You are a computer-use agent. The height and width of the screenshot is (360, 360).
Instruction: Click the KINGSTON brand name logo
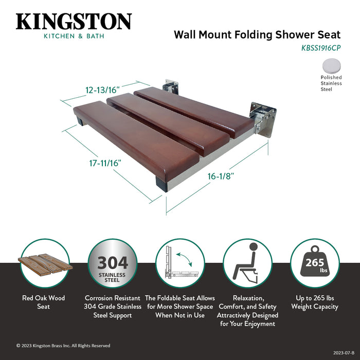tap(74, 22)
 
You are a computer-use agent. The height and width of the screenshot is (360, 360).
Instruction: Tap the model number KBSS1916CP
tap(321, 48)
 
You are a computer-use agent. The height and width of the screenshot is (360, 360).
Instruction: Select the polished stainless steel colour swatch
tap(331, 65)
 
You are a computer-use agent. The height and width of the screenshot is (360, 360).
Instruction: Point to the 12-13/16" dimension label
tap(103, 90)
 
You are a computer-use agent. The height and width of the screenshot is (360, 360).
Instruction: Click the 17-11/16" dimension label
tap(105, 163)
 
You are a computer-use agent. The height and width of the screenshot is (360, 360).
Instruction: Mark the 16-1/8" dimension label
tap(221, 176)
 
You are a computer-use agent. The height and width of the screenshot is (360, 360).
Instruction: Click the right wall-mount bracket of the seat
tap(263, 119)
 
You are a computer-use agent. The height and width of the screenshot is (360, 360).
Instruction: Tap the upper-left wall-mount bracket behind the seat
tap(170, 86)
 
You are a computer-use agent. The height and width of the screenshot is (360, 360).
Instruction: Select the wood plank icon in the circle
tap(45, 263)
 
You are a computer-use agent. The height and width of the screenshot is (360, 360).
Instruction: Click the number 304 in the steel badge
tap(113, 263)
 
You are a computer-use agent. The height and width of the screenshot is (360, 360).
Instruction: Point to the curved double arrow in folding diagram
tap(184, 259)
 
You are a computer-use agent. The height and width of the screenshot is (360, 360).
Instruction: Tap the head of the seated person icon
tap(253, 247)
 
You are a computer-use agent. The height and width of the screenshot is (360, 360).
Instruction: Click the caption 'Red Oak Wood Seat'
tap(43, 302)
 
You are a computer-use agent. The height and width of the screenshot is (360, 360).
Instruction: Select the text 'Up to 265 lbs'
tap(315, 298)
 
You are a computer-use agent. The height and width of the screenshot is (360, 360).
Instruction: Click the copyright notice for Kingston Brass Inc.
tap(63, 346)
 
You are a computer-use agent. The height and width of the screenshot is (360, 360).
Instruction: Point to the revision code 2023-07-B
tap(344, 353)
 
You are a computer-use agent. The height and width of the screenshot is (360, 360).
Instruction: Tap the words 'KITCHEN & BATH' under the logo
tap(74, 36)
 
